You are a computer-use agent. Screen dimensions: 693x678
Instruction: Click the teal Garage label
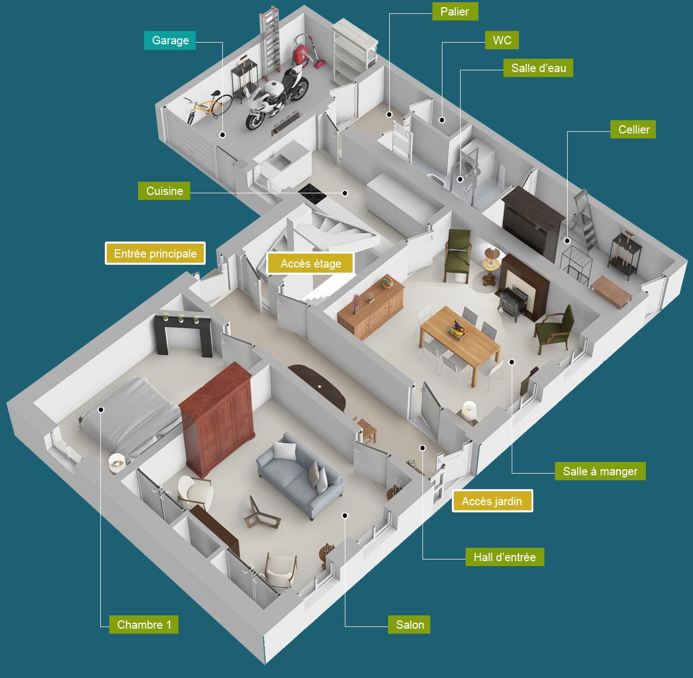[x=170, y=40]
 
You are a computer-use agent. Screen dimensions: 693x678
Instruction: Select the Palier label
[x=455, y=12]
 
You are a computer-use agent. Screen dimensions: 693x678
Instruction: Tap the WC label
[x=502, y=40]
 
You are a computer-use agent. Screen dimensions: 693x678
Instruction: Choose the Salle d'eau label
[x=538, y=68]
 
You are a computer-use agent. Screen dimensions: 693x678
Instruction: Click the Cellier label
[x=633, y=130]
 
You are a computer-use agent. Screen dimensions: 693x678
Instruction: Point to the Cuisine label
[x=164, y=191]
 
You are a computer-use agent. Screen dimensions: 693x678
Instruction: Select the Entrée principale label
[x=155, y=254]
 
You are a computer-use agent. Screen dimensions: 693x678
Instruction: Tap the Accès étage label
[x=310, y=264]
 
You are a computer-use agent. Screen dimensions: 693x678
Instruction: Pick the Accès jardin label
[x=492, y=501]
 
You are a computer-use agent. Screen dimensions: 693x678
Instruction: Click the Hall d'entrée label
[x=505, y=557]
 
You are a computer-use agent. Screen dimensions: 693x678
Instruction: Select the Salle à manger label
[x=600, y=471]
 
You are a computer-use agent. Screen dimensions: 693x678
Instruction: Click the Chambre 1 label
[x=144, y=624]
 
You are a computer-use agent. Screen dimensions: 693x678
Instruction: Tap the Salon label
[x=409, y=624]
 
